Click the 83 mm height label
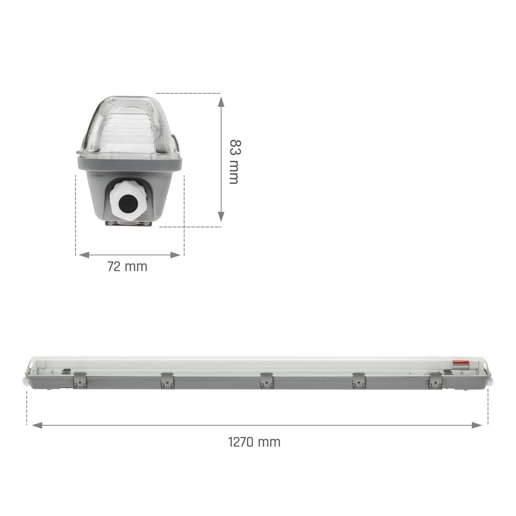point(233,161)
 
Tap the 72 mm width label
point(127,267)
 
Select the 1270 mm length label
point(254,442)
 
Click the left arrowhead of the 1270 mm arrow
point(37,425)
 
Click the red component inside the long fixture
point(459,362)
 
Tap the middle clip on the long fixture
point(267,380)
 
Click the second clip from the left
point(167,380)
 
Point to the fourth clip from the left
point(358,380)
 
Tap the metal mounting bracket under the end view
point(128,225)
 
